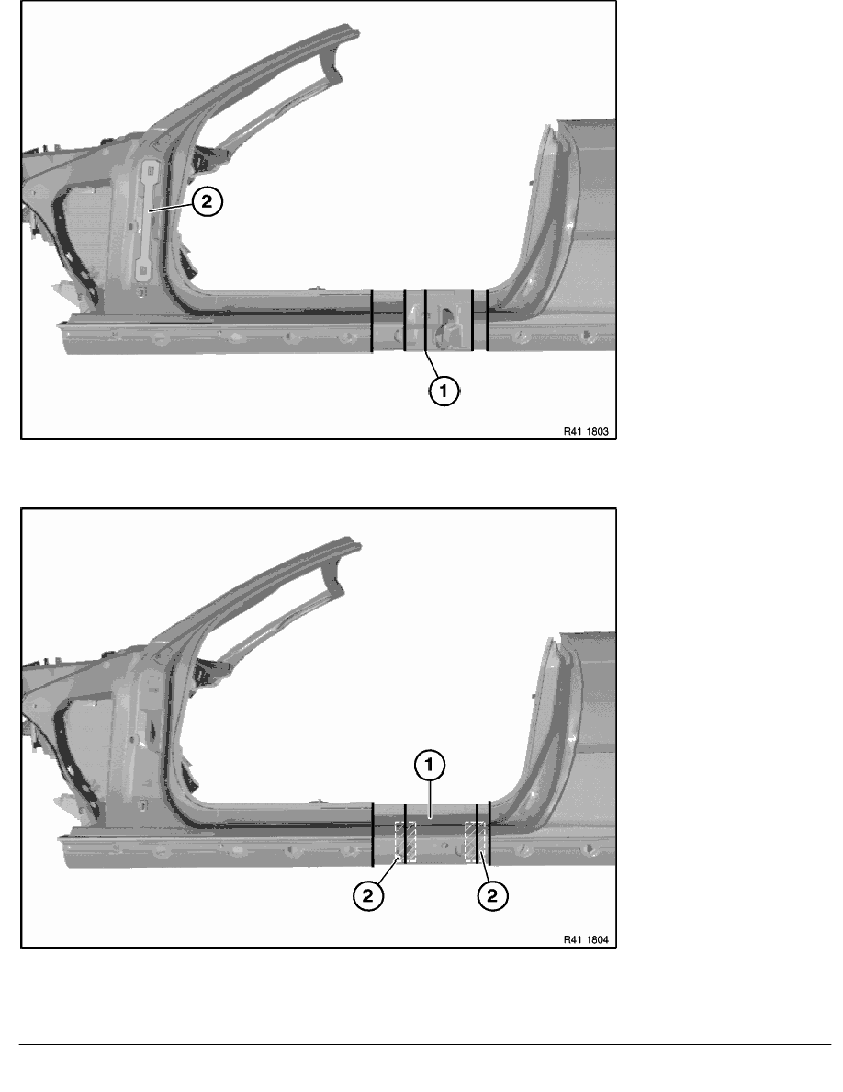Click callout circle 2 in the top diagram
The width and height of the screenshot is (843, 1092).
[207, 201]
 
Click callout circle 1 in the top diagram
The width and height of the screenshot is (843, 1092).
[444, 390]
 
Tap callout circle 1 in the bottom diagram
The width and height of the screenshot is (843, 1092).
[429, 766]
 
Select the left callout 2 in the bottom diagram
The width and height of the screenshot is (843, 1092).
[368, 895]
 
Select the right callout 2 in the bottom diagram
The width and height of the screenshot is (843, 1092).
[492, 895]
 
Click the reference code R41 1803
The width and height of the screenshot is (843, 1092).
[586, 432]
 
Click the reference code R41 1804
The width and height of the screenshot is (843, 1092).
[586, 940]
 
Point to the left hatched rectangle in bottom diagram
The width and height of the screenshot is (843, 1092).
[405, 841]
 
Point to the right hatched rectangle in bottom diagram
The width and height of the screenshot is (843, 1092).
[476, 841]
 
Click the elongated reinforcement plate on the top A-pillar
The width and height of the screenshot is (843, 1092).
[152, 219]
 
